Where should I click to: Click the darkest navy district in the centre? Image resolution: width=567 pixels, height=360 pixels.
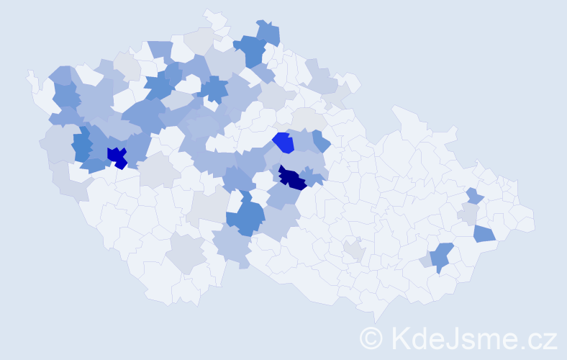(x=292, y=177)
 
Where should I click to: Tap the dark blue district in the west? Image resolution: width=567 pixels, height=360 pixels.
(x=116, y=156)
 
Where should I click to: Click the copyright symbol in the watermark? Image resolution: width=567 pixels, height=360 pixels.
(x=371, y=337)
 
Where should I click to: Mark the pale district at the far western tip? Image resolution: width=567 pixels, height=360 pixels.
(x=32, y=79)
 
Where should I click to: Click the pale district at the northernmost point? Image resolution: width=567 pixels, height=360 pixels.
(x=214, y=17)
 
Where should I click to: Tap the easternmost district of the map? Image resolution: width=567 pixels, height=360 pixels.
(x=523, y=219)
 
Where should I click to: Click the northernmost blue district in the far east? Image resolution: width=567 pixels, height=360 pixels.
(x=473, y=196)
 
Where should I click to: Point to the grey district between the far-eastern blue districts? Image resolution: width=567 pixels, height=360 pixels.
(x=469, y=214)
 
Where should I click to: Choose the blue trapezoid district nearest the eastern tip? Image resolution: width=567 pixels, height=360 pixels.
(x=484, y=233)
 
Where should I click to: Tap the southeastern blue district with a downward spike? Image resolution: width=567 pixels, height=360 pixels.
(x=443, y=256)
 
